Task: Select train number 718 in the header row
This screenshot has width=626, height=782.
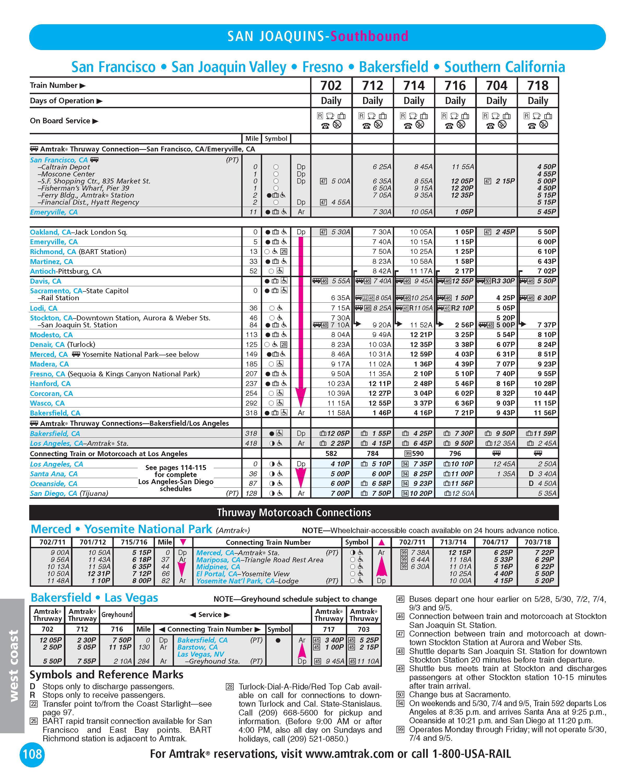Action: (x=538, y=85)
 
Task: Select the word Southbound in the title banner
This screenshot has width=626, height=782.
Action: (x=369, y=36)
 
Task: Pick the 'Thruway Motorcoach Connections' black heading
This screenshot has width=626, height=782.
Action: (x=294, y=512)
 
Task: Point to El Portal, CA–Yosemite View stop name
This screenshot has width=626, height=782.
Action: (x=242, y=574)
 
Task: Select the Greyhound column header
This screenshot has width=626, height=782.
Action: (x=117, y=614)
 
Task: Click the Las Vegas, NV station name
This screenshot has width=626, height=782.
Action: (x=200, y=654)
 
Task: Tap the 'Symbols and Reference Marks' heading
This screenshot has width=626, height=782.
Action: (x=106, y=675)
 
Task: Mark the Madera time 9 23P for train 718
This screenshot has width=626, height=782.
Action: (x=545, y=364)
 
